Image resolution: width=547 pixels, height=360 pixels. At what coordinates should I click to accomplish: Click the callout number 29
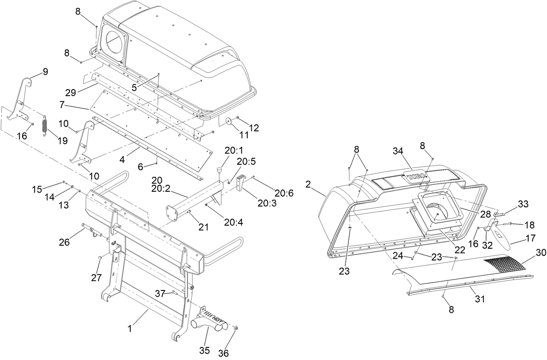[70, 92]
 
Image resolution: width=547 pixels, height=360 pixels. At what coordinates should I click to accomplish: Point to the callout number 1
[130, 330]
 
